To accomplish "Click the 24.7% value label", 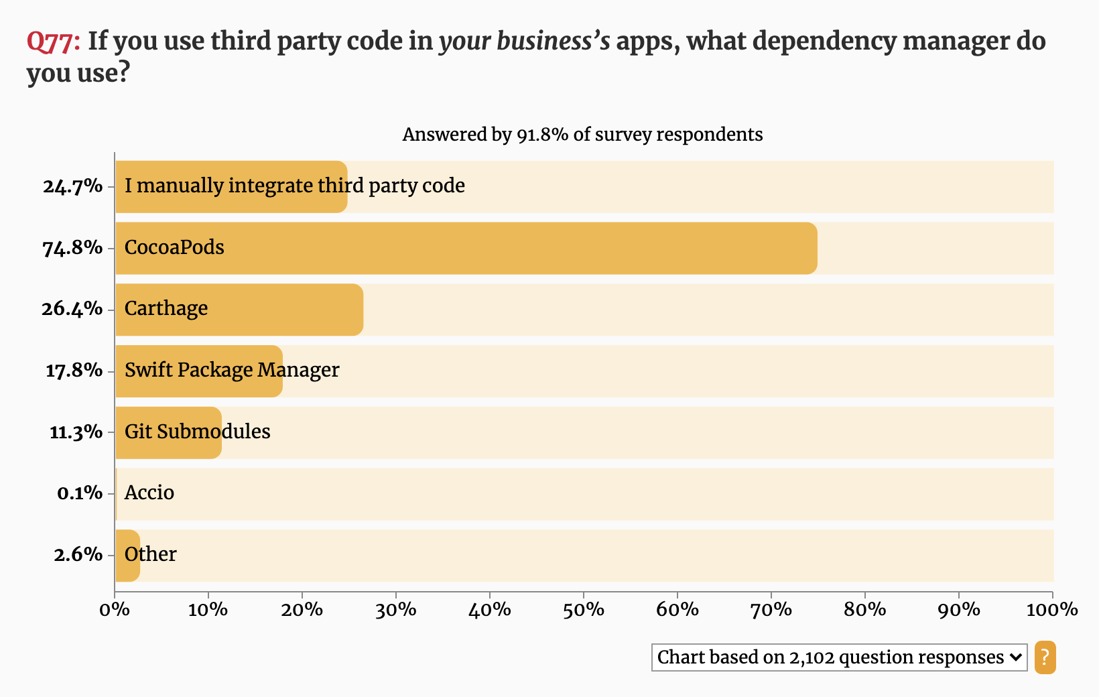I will coord(72,186).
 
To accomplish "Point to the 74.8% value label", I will coord(72,248).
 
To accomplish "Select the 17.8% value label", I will coord(74,371).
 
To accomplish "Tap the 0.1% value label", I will coord(80,493).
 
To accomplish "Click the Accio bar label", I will coord(149,493).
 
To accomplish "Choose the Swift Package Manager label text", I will coord(232,370).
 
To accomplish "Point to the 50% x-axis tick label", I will coord(584,610).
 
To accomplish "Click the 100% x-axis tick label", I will coord(1052,610).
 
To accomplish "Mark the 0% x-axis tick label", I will coord(115,610).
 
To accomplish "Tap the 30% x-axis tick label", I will coord(396,610).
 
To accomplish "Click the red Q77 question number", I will coord(52,42).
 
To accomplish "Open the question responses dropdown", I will coord(839,657).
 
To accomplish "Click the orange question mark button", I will coord(1045,657).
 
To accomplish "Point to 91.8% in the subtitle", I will coord(542,135).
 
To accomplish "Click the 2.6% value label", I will coord(78,555).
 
